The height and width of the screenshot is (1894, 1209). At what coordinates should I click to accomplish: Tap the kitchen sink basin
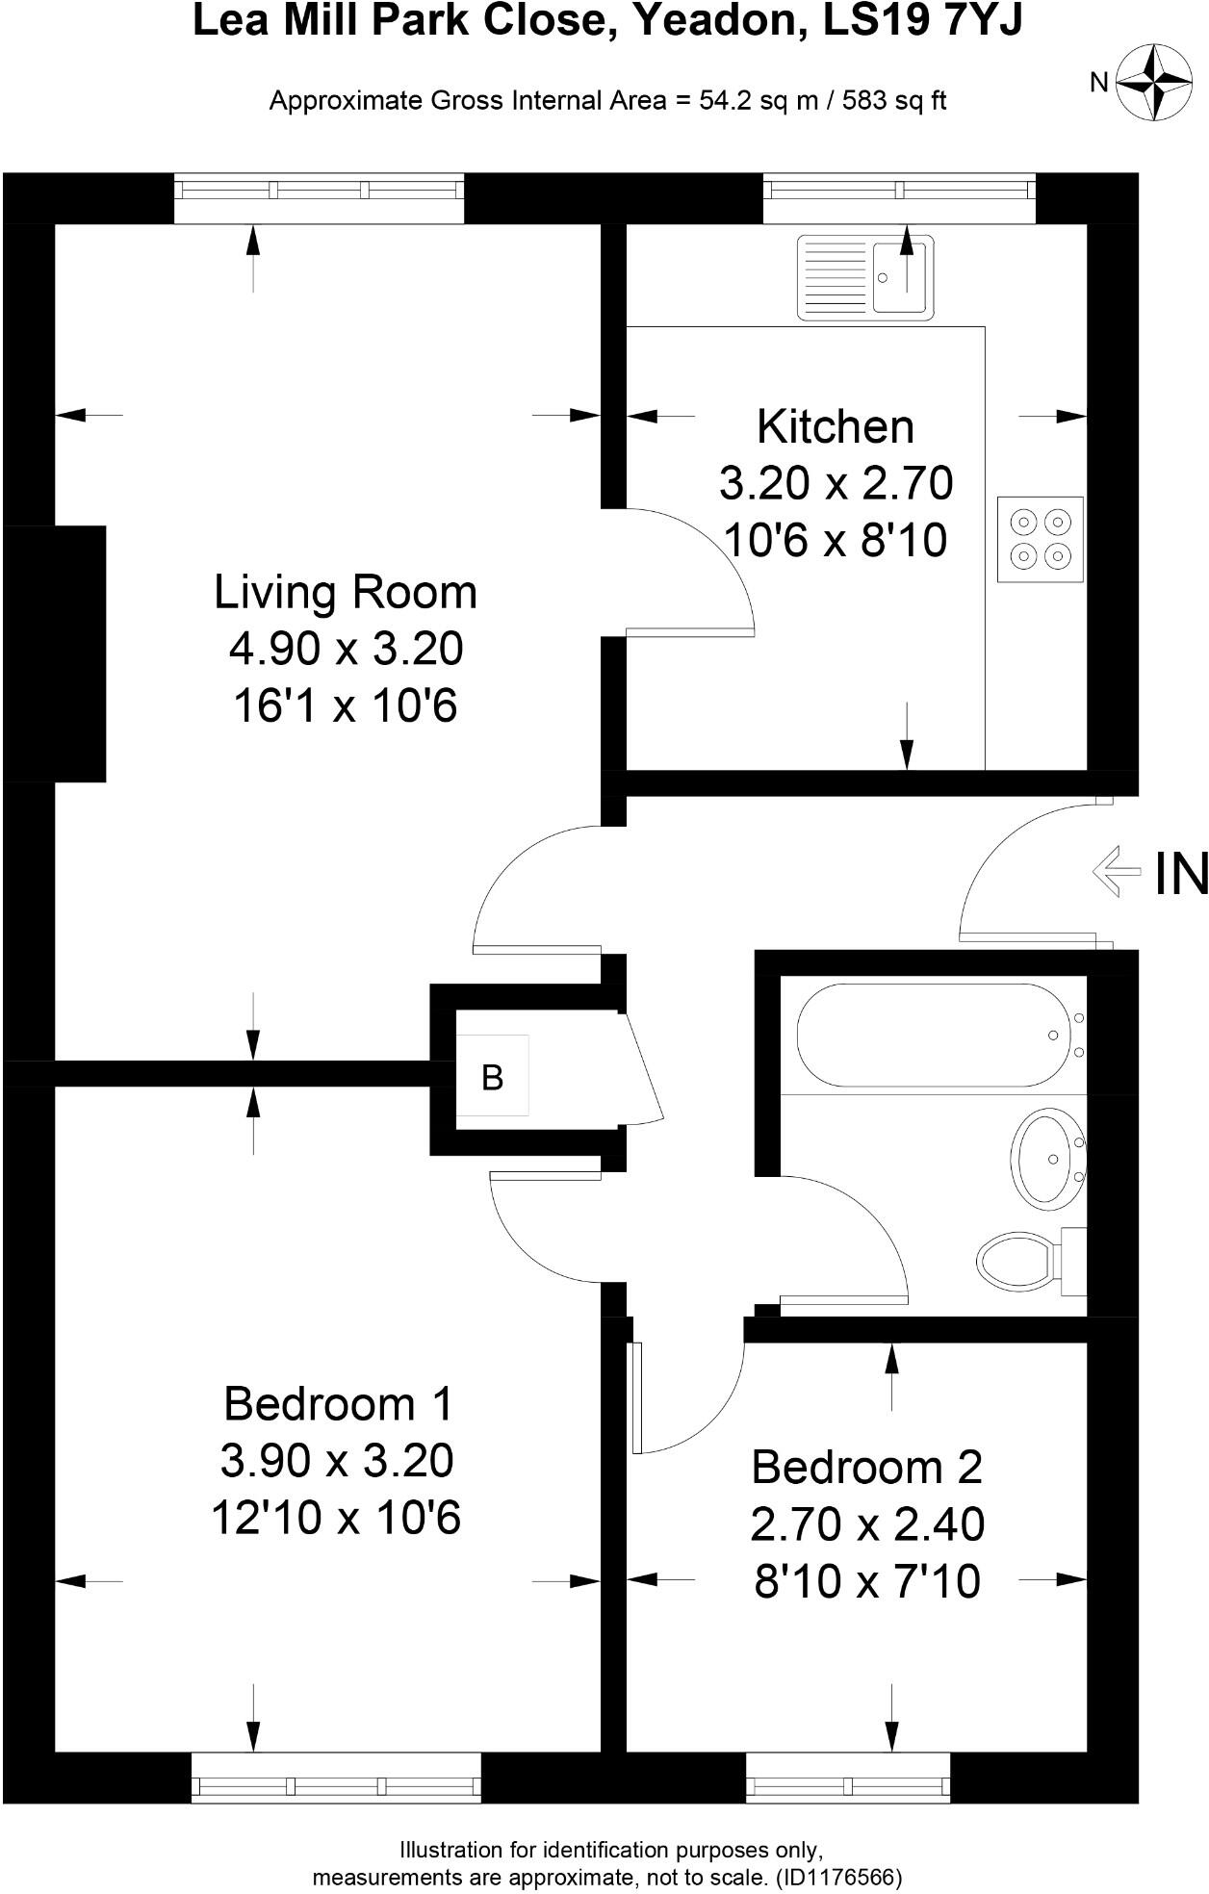tap(900, 276)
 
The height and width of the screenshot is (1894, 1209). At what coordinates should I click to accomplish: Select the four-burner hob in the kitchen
tap(1041, 539)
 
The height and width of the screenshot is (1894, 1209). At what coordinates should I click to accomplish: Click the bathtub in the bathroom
tap(933, 1035)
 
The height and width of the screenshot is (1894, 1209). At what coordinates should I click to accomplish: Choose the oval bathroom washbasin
tap(1048, 1160)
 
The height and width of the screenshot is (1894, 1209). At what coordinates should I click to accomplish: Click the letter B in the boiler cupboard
tap(492, 1078)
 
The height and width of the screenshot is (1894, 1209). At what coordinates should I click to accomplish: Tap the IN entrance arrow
tap(1116, 872)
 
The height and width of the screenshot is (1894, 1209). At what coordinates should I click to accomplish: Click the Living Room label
tap(346, 592)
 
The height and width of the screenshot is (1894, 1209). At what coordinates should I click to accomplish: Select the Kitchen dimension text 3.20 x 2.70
tap(836, 483)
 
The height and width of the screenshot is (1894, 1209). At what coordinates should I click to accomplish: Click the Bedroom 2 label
tap(866, 1468)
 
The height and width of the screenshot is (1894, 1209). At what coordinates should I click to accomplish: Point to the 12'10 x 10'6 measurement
tap(336, 1518)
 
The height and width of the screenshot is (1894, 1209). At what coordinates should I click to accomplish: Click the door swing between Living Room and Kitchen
tap(688, 573)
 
